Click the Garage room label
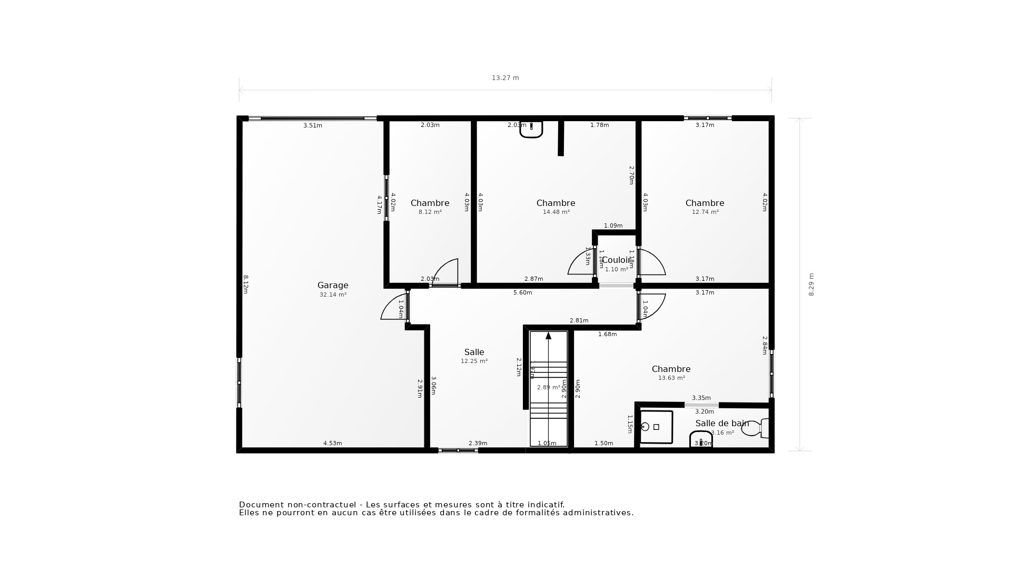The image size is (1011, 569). click(333, 285)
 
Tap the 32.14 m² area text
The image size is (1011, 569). click(333, 295)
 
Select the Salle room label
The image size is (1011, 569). click(474, 352)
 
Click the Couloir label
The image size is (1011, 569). click(616, 260)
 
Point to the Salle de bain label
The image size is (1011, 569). click(722, 424)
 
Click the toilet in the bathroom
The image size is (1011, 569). click(753, 428)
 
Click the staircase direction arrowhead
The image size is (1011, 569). click(548, 336)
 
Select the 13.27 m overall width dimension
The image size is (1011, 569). click(505, 78)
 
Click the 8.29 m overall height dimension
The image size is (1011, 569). click(811, 284)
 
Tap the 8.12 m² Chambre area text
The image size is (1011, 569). click(430, 212)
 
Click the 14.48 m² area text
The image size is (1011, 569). click(556, 212)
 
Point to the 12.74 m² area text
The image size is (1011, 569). click(705, 212)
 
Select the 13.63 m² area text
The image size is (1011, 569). click(671, 378)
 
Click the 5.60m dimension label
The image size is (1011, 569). click(522, 292)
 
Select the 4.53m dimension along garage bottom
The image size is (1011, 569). click(332, 443)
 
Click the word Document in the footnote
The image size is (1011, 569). click(260, 505)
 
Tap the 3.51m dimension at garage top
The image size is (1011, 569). click(313, 125)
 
